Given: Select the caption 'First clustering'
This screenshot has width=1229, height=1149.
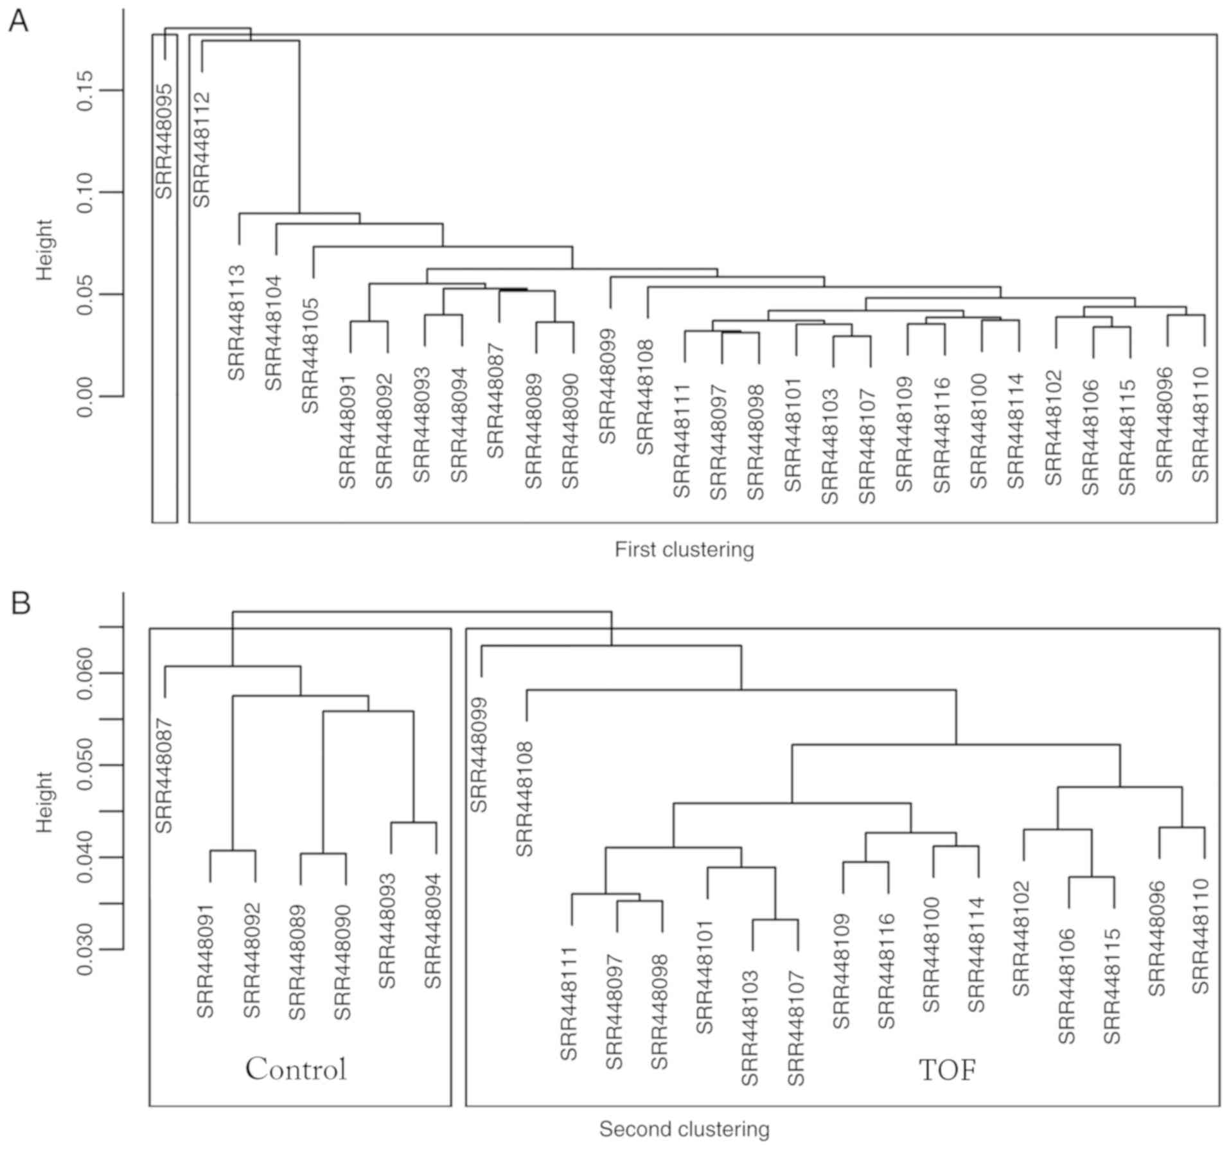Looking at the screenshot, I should tap(684, 550).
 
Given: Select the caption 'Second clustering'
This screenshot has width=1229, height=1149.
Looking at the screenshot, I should tap(684, 1129).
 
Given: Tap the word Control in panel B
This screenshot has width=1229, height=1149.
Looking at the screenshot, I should tap(296, 1069).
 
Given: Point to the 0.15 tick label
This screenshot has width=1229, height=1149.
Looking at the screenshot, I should tap(85, 91).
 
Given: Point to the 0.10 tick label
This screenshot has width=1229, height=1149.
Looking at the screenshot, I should tap(85, 192).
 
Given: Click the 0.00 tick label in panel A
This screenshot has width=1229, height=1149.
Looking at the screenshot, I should tap(85, 396).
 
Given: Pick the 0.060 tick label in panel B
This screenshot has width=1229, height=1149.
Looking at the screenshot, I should tap(85, 674).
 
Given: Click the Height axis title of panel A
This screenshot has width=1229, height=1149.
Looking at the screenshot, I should tap(44, 250).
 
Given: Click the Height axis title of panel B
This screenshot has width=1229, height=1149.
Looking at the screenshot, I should tap(44, 801).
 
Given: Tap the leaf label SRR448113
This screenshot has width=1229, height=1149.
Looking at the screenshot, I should tap(237, 322).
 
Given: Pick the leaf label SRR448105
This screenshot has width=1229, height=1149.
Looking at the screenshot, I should tap(311, 355).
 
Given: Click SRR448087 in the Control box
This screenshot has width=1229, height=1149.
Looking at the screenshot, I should tap(164, 775).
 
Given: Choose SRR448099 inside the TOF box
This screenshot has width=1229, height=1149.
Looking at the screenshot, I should tap(480, 754).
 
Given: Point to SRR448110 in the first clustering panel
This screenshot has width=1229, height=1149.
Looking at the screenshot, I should tap(1201, 424).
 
